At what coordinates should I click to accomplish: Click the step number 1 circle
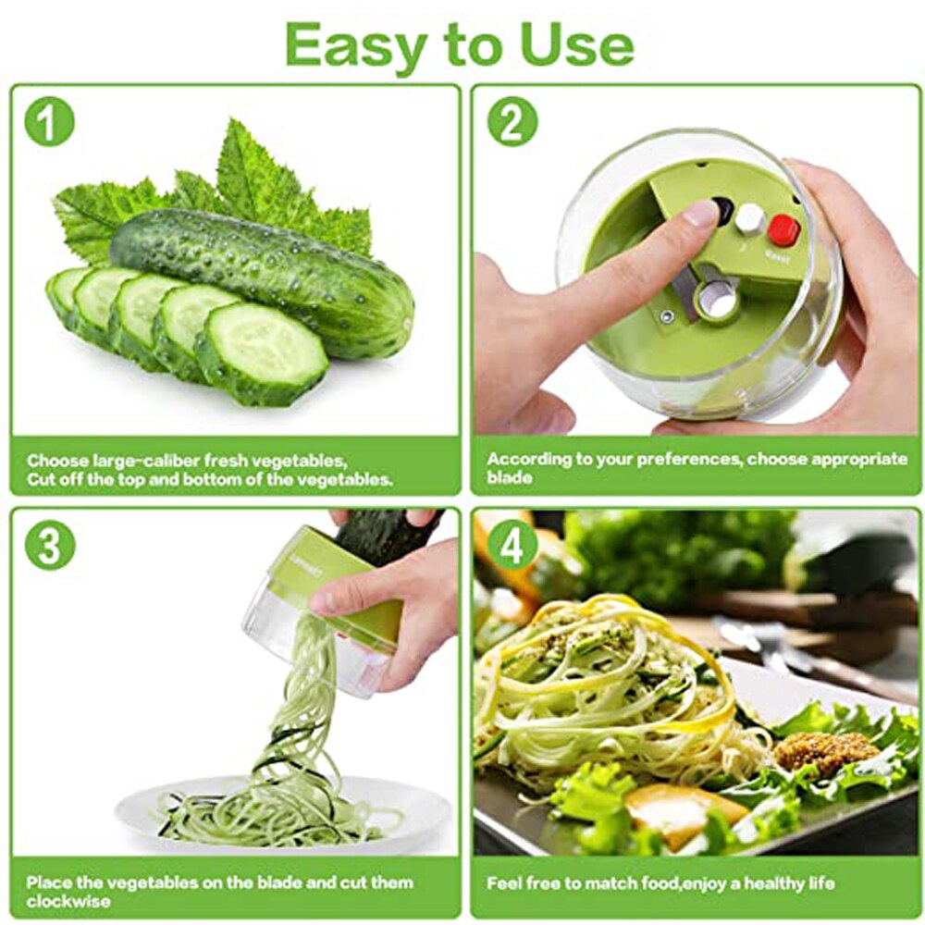[x=49, y=123]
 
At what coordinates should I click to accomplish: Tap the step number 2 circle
[x=512, y=123]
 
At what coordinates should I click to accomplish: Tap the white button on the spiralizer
[x=749, y=218]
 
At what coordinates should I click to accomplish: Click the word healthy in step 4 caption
[x=747, y=882]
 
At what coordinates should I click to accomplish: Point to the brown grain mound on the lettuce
[x=825, y=750]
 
